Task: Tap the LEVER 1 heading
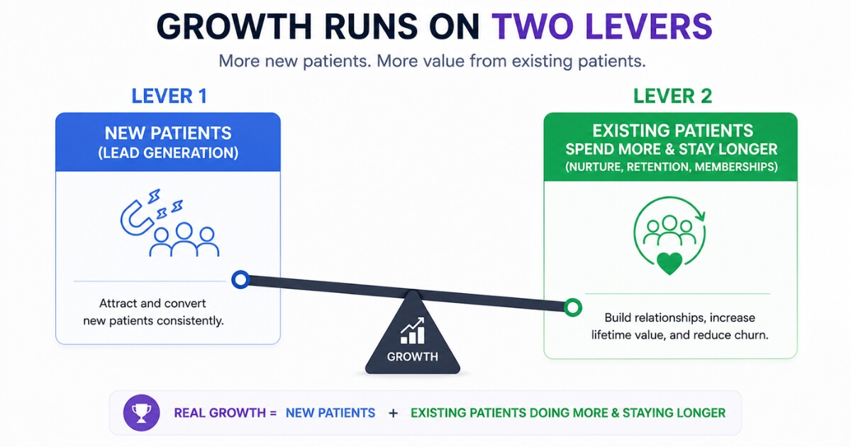pyautogui.click(x=169, y=96)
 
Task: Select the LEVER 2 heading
pyautogui.click(x=672, y=96)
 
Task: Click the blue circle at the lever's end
pyautogui.click(x=240, y=280)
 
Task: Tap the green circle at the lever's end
pyautogui.click(x=573, y=307)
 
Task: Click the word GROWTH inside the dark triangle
pyautogui.click(x=413, y=356)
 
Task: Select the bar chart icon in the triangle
pyautogui.click(x=413, y=331)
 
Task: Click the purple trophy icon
pyautogui.click(x=141, y=413)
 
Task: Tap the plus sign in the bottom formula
pyautogui.click(x=393, y=413)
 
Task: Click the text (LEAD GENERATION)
pyautogui.click(x=168, y=153)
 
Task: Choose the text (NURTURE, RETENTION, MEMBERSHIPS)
pyautogui.click(x=672, y=167)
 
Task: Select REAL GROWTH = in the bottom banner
pyautogui.click(x=226, y=413)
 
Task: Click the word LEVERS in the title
pyautogui.click(x=649, y=26)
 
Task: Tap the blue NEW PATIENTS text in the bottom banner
pyautogui.click(x=330, y=413)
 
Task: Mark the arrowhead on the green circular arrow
pyautogui.click(x=701, y=216)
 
